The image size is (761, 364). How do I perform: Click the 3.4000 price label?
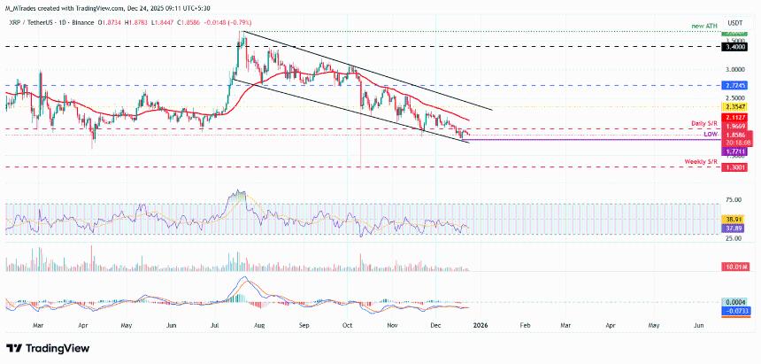(736, 50)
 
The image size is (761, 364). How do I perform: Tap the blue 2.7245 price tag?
(736, 86)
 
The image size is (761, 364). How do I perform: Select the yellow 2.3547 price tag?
(736, 106)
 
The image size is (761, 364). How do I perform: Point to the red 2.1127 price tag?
(736, 117)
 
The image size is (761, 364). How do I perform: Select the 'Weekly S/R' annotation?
(702, 162)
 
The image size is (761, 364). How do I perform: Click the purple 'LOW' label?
(710, 134)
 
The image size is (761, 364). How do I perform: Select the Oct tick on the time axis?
(349, 326)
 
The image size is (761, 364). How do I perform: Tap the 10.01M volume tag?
(736, 267)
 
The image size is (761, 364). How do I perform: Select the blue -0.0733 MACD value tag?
(736, 311)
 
